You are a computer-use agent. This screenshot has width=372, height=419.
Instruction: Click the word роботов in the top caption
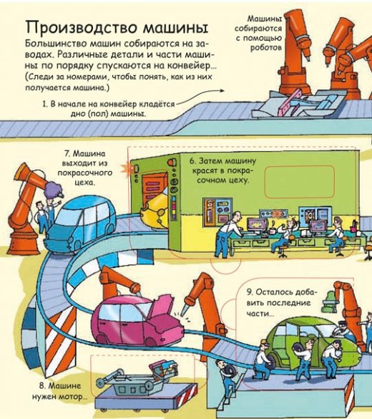pos(266,47)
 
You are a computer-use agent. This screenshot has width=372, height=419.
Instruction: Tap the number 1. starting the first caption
pos(45,104)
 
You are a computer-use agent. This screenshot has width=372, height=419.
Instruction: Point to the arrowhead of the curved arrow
pos(222,90)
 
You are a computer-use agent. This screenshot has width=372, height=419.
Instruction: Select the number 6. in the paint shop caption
pos(192,161)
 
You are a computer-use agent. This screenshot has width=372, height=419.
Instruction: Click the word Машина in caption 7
pos(89,154)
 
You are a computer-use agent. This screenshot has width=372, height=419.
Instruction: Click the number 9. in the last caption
pos(250,292)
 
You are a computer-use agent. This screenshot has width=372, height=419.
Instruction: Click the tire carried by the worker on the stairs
pos(231,370)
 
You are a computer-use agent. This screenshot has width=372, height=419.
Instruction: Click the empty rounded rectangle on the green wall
pos(300,182)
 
